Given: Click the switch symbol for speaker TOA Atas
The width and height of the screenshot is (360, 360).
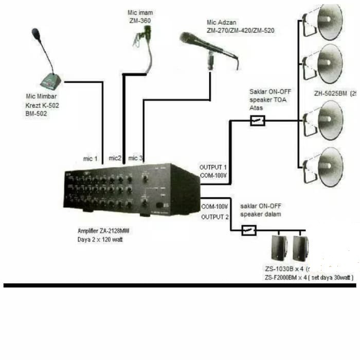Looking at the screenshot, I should (x=257, y=121).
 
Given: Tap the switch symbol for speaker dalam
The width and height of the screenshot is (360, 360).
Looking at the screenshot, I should (x=249, y=230).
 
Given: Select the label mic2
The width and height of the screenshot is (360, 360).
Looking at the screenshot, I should (x=115, y=157).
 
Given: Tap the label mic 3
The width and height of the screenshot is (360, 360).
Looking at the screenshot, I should (x=136, y=157).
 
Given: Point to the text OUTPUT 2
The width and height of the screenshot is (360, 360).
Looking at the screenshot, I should (x=214, y=217).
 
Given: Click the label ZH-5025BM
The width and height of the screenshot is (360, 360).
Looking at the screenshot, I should (x=331, y=94).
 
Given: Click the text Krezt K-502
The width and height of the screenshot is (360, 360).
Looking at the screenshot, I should (x=41, y=105).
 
